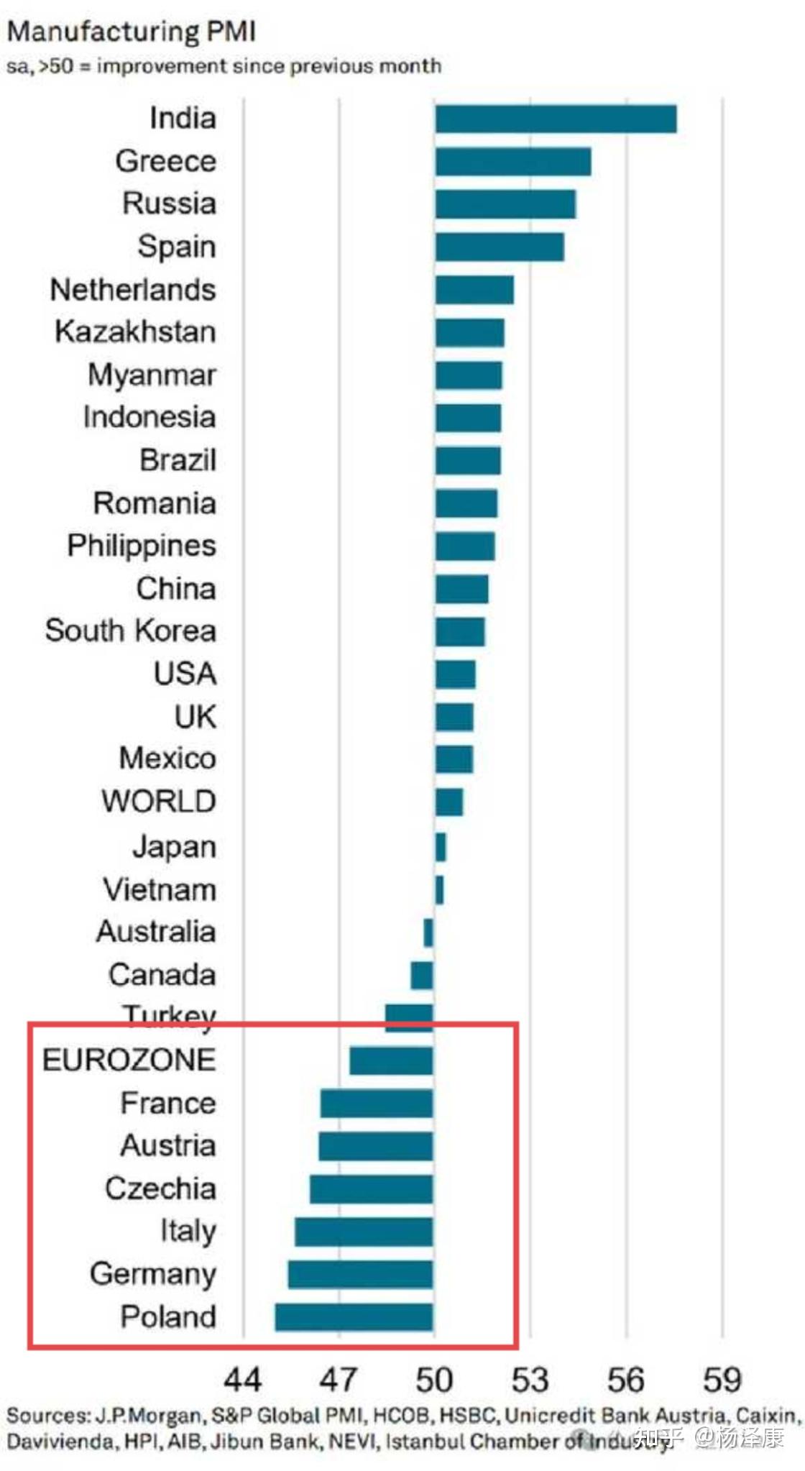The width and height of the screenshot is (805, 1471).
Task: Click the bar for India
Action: [555, 119]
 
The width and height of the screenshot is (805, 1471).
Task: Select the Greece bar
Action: [512, 161]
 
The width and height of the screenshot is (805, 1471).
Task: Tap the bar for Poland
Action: [354, 1316]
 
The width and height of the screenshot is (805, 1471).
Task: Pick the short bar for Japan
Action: [441, 847]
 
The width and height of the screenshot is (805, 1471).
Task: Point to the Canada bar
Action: [422, 975]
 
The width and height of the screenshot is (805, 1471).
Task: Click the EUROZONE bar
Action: [391, 1060]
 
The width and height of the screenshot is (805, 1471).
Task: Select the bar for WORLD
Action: [449, 802]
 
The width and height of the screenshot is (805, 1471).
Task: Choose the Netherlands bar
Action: [474, 290]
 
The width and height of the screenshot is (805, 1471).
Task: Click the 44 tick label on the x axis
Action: [242, 1380]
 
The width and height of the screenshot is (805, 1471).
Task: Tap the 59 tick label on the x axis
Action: [722, 1380]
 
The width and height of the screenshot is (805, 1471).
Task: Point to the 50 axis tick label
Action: [434, 1380]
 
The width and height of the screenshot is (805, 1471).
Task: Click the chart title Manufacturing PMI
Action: [131, 32]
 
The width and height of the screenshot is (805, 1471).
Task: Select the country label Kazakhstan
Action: [135, 332]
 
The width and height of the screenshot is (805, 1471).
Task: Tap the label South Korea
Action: [130, 631]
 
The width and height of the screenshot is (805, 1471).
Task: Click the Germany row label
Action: [152, 1274]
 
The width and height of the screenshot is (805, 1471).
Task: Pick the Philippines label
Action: [142, 546]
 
